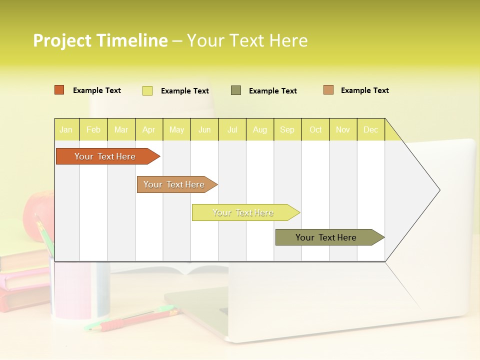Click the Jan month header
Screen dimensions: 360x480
coord(66,130)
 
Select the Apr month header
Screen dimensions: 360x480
coord(149,130)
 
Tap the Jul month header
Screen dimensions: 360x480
coord(232,130)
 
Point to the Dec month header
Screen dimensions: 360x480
coord(370,130)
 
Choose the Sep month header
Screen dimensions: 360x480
coord(287,130)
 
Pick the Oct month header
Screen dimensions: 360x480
coord(315,130)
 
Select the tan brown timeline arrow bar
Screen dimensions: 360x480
coord(175,184)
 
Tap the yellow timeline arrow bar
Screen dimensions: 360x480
coord(244,212)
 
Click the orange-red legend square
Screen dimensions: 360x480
coord(59,90)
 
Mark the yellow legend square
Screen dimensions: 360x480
coord(147,90)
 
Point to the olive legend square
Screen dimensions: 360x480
coord(236,90)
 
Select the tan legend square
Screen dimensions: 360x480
coord(328,90)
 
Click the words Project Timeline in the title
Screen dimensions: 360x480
coord(100,40)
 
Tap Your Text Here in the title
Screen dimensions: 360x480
coord(247,40)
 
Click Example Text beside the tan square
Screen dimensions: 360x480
coord(364,90)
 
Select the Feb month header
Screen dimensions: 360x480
coord(93,130)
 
